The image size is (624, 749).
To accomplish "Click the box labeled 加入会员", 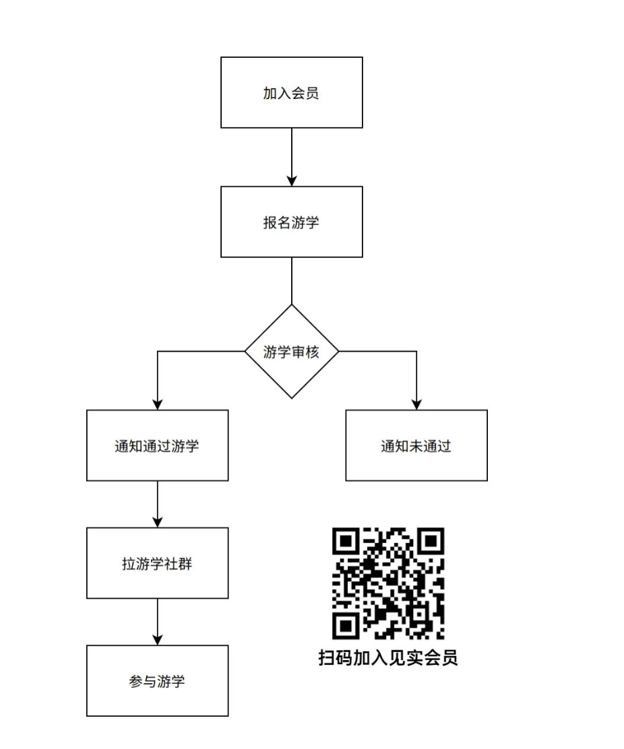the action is (292, 93).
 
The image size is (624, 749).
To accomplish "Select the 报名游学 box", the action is (292, 222).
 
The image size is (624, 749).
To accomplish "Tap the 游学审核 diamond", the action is (292, 352).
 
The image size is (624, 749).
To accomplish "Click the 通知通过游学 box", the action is (157, 445).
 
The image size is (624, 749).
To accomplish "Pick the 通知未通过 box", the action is (416, 445).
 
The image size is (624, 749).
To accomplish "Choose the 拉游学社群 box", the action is (157, 563).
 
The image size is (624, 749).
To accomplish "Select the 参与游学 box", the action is (157, 681).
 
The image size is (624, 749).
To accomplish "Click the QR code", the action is (388, 583).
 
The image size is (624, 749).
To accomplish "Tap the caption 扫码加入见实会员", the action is (388, 658).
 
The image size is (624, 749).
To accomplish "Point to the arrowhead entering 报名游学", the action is (292, 181).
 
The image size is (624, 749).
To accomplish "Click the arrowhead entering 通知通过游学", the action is (157, 404).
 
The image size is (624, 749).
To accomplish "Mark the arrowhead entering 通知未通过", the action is (416, 404).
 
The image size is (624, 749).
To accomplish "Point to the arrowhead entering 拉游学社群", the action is (157, 522).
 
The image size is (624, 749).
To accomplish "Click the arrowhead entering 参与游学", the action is (157, 640).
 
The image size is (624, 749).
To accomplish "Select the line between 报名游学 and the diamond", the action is (292, 281).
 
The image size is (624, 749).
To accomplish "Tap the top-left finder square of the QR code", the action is (346, 542).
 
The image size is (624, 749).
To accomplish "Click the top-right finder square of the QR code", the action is (431, 542).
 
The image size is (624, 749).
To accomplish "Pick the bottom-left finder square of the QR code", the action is (346, 626).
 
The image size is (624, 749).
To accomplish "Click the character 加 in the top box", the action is (270, 93).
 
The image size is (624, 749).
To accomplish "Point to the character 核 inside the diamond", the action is (313, 352).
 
